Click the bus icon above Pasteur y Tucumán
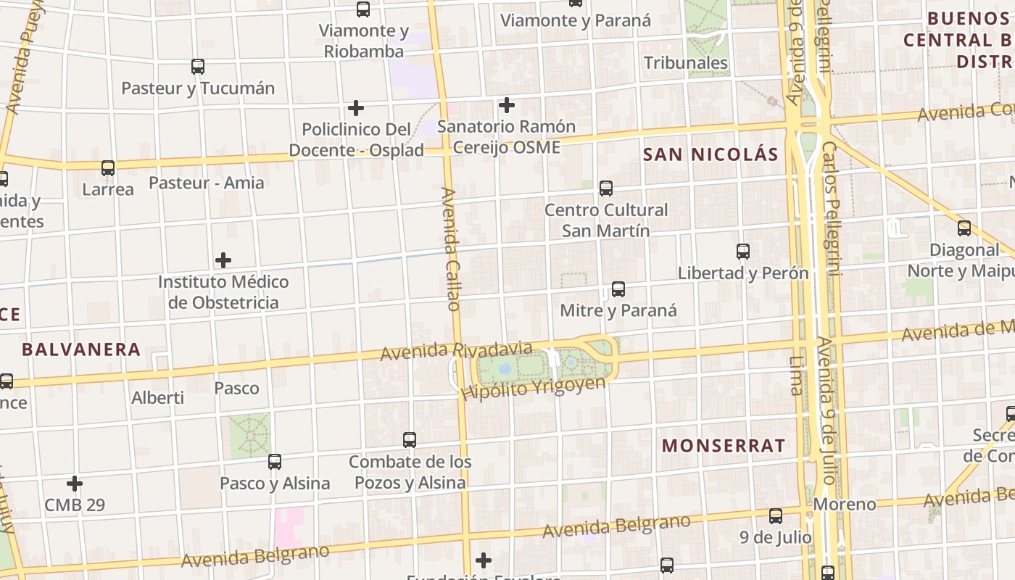coord(198,67)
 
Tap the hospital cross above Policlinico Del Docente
coord(355,108)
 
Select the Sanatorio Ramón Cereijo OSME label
coord(506,136)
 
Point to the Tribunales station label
coord(686,63)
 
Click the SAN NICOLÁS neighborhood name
coord(710,154)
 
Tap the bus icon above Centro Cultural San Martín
coord(606,188)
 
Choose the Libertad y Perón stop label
coord(742,273)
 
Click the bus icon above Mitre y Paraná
coord(618,289)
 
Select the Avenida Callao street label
coord(450,249)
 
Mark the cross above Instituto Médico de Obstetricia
coord(223,260)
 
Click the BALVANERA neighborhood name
coord(81,349)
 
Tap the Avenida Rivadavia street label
coord(456,351)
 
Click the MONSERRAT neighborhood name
coord(724,445)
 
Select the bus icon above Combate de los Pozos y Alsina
coord(410,440)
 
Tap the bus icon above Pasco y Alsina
coord(275,462)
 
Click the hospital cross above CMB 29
coord(75,484)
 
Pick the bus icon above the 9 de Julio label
coord(776,516)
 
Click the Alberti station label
coord(157,398)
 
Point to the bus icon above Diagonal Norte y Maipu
coord(964,228)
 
